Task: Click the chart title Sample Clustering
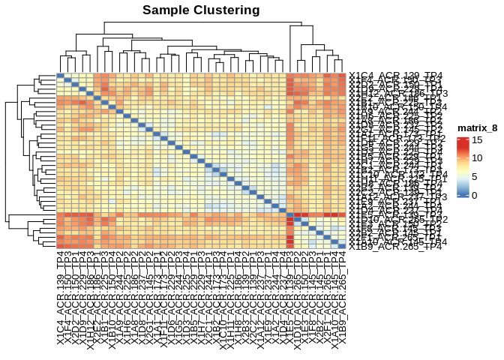[x=201, y=10]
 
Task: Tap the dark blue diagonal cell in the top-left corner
[x=60, y=74]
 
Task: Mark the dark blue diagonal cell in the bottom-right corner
[x=343, y=246]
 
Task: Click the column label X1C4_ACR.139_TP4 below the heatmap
[x=60, y=300]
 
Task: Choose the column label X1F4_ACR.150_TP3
[x=67, y=300]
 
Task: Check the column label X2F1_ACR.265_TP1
[x=328, y=300]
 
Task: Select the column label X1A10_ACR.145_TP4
[x=336, y=300]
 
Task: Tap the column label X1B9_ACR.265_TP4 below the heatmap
[x=343, y=300]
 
